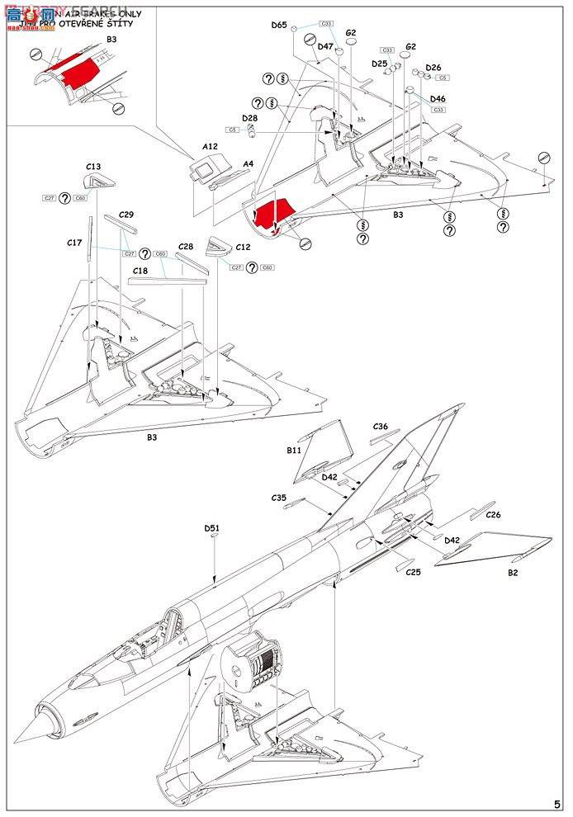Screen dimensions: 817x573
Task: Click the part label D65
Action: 278,26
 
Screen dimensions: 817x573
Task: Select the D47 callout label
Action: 325,47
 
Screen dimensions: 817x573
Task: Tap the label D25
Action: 379,64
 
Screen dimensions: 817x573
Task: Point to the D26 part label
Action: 433,68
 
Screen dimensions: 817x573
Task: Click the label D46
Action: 438,99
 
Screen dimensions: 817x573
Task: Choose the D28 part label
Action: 249,118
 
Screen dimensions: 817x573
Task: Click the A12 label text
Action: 210,146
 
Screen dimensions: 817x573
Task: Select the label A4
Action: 248,163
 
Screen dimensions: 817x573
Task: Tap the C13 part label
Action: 93,167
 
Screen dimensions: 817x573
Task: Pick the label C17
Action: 74,243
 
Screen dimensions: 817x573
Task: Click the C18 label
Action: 140,271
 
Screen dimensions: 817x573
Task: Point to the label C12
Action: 243,247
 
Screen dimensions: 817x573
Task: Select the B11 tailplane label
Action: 295,451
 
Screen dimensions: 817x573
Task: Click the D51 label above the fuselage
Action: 212,528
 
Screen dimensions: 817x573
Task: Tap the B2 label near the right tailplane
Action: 513,572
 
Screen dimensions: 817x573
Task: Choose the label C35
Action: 278,498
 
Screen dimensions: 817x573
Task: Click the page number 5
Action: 557,803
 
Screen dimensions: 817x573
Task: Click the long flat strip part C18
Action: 166,281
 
